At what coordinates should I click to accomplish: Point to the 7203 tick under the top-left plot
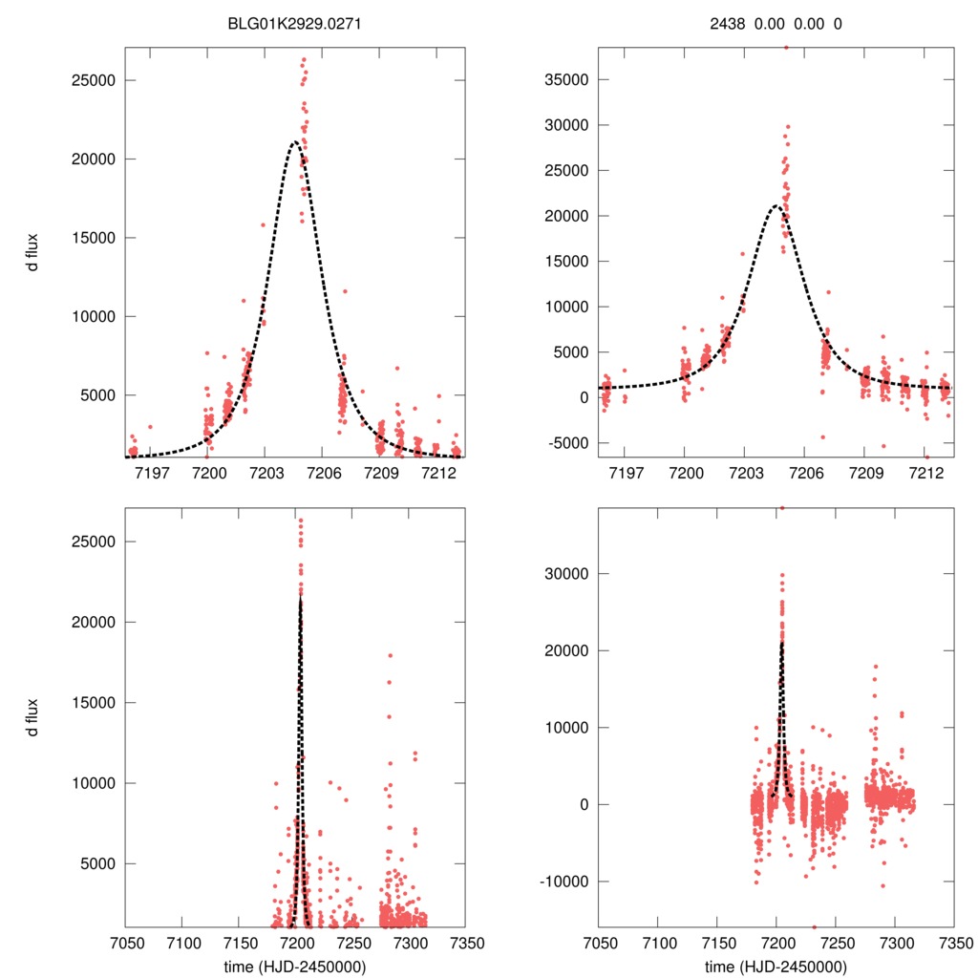pos(266,473)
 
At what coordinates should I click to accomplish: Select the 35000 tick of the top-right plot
pos(563,79)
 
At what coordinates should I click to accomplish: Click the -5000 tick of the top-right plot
pos(563,442)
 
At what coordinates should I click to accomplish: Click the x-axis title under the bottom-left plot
pos(293,967)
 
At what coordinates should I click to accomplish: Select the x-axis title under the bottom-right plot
pos(776,967)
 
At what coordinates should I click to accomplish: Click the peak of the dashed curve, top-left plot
pos(295,142)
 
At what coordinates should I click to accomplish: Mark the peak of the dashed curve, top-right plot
pos(776,205)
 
